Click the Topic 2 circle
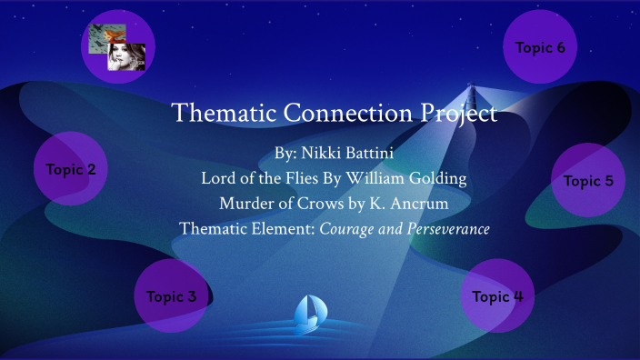tap(71, 168)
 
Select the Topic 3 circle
tap(172, 296)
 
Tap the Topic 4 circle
tap(497, 296)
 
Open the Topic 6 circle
tap(540, 47)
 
